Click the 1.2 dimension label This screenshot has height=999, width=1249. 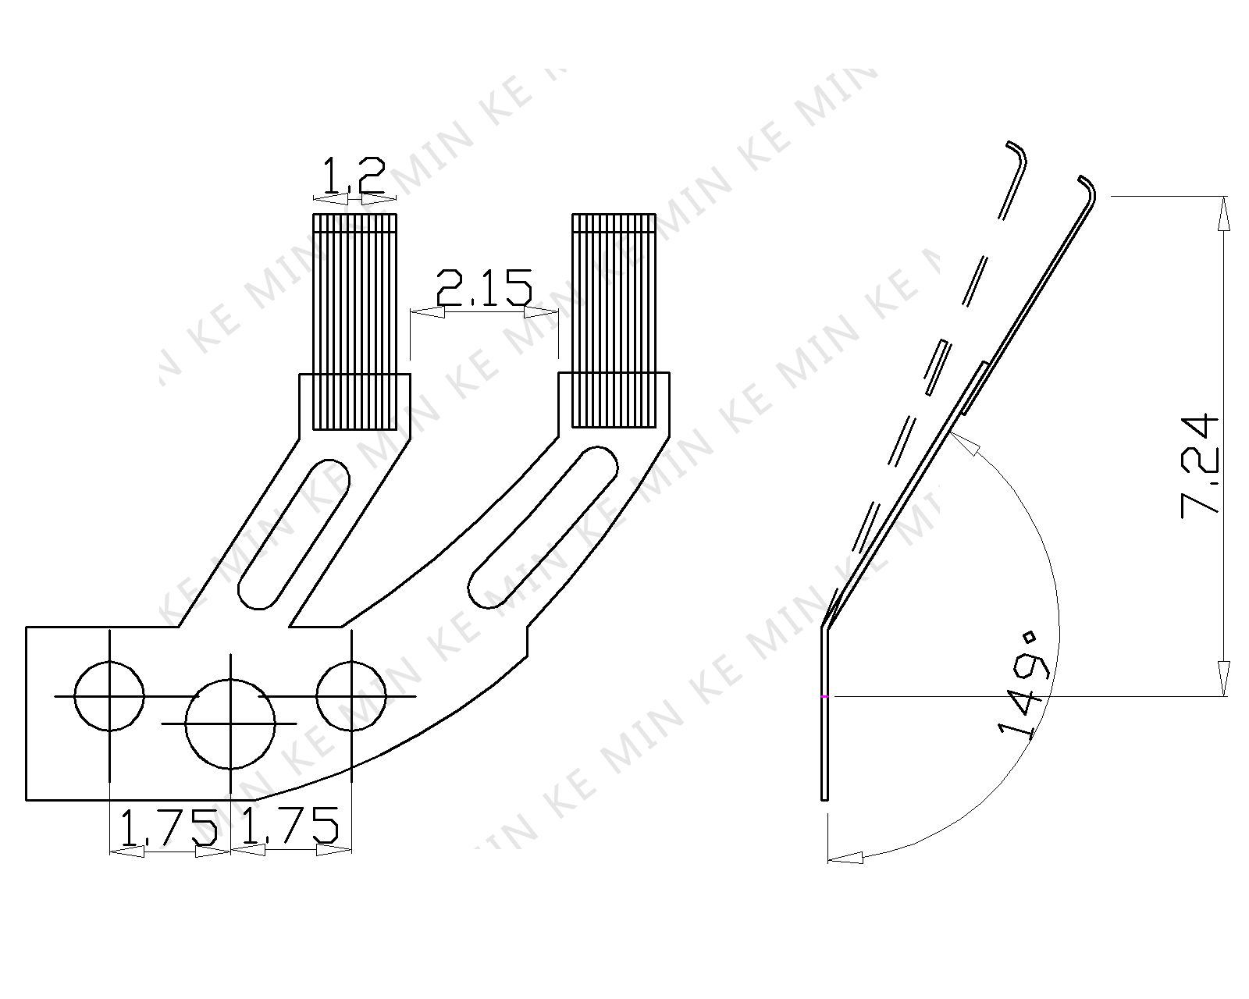coord(354,175)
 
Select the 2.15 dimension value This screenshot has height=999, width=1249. coord(484,287)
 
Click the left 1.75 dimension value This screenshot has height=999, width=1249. coord(169,826)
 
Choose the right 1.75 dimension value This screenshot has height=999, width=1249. coord(289,826)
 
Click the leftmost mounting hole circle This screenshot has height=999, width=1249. coord(109,695)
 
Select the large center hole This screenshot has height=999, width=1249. coord(230,723)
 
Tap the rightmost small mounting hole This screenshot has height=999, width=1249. coord(351,695)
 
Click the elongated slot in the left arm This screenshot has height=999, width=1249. coord(294,534)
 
